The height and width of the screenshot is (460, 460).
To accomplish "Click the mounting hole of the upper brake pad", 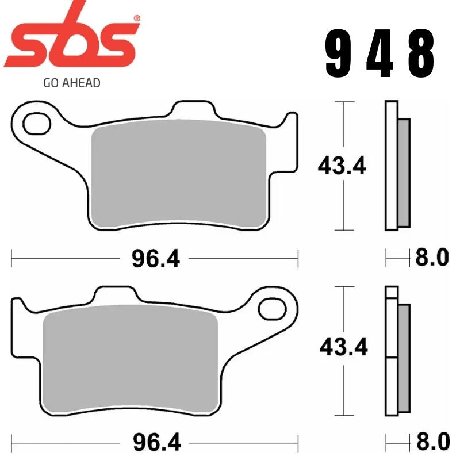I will tap(37, 123).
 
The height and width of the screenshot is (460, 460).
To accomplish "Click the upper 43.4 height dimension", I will tap(342, 166).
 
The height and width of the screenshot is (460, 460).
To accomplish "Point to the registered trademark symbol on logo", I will tap(136, 18).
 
